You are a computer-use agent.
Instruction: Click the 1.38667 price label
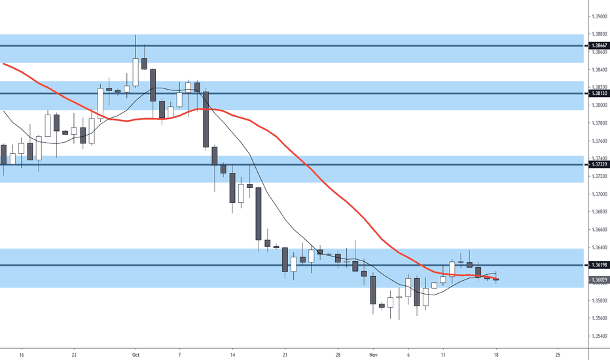[x=599, y=46]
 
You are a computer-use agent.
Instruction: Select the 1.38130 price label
[x=599, y=94]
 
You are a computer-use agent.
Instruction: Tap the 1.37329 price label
[x=599, y=165]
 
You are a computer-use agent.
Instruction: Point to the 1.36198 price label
[x=599, y=265]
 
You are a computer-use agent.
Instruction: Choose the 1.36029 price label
[x=599, y=280]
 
